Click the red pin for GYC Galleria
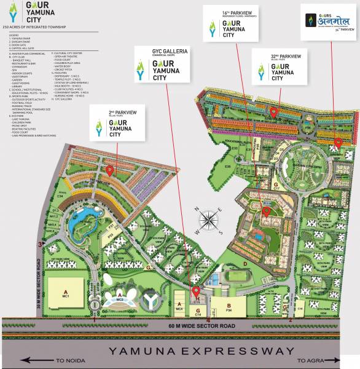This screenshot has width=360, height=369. coord(196,291)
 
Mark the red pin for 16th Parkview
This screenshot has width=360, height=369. coord(266,212)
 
